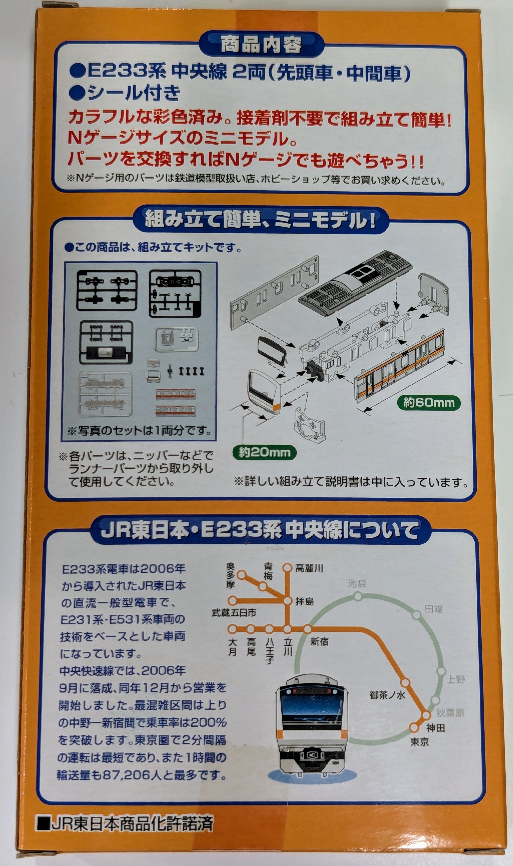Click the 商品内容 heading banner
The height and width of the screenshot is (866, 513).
point(261,45)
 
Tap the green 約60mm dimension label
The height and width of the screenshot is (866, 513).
point(429,402)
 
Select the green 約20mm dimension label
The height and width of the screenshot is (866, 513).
point(264,453)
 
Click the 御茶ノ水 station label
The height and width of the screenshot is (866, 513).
point(387,695)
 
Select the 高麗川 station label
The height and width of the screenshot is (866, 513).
point(309,568)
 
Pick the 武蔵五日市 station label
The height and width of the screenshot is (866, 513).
point(234,613)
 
